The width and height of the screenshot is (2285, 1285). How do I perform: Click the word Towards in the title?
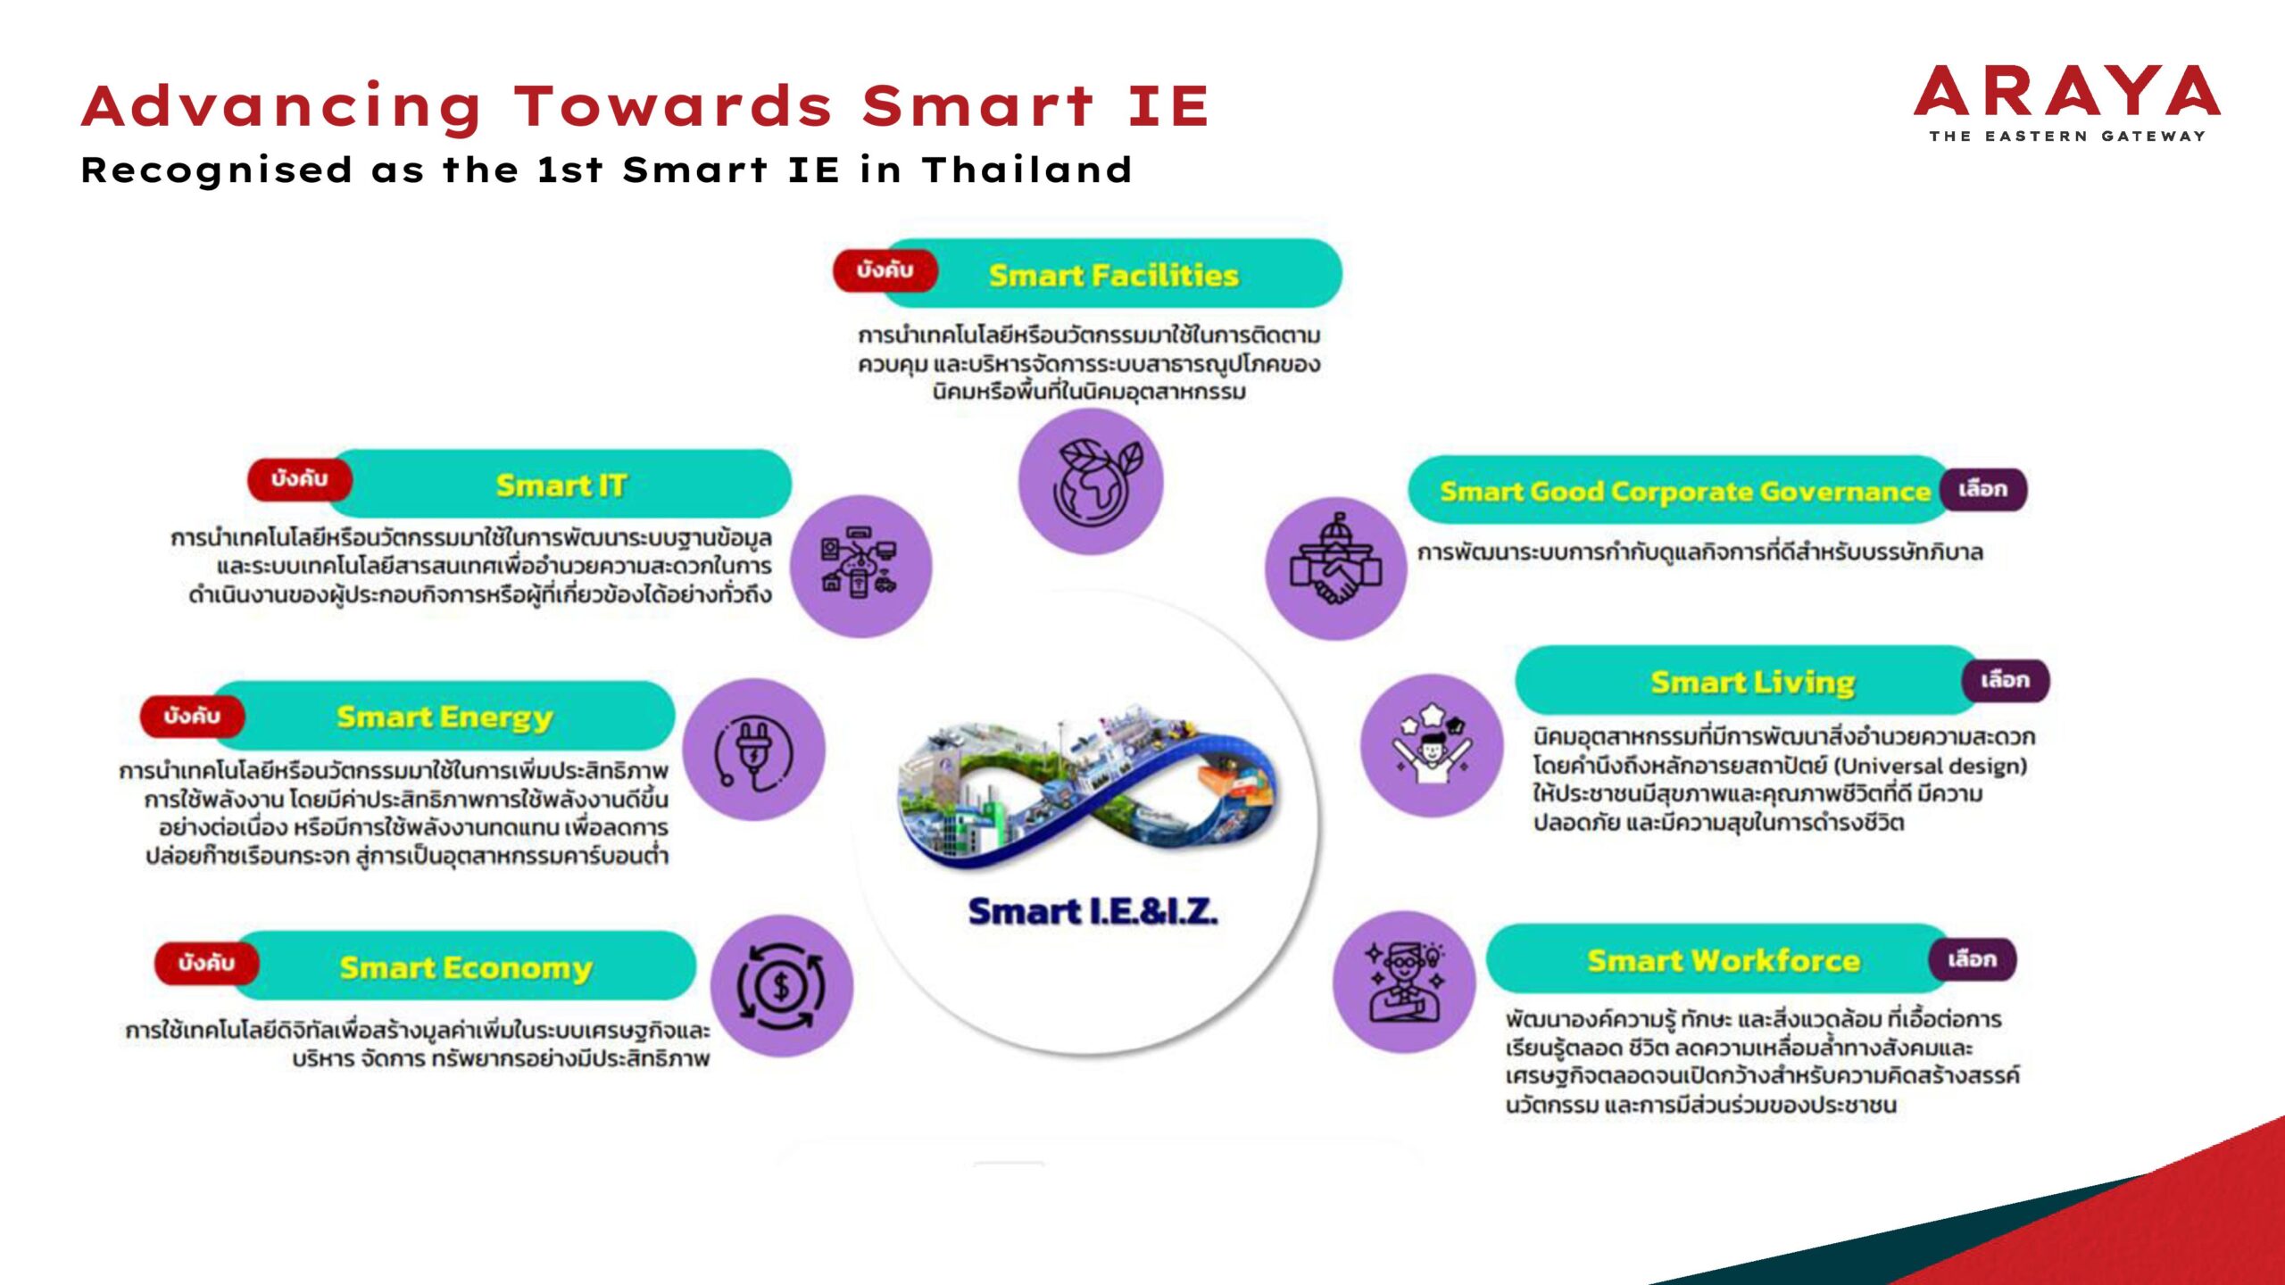point(674,106)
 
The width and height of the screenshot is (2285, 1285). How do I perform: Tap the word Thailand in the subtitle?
point(1027,170)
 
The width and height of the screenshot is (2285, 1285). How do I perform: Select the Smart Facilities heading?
point(1113,275)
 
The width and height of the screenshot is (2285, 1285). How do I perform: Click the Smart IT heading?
point(561,485)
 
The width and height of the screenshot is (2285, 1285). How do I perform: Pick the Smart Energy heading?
point(445,717)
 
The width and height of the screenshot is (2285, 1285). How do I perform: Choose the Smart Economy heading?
point(466,968)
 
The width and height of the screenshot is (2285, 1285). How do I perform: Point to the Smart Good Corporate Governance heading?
point(1684,492)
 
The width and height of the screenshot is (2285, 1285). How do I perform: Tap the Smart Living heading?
point(1752,683)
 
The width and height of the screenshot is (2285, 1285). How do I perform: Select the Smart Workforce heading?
point(1724,961)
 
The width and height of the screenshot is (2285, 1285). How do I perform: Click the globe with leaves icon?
point(1091,481)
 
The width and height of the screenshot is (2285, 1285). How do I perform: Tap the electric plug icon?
point(754,750)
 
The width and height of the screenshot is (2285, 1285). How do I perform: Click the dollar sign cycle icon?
point(782,986)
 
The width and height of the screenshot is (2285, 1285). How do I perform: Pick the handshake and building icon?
point(1336,568)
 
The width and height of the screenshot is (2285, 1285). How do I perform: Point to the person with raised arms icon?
point(1432,745)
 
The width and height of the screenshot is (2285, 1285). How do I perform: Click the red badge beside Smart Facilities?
point(885,270)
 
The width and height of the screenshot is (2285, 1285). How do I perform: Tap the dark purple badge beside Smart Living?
point(2005,681)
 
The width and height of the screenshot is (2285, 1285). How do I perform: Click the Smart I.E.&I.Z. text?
point(1093,912)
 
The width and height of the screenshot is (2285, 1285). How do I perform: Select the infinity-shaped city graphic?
point(1089,790)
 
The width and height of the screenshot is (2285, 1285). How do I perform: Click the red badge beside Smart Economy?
point(207,963)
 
